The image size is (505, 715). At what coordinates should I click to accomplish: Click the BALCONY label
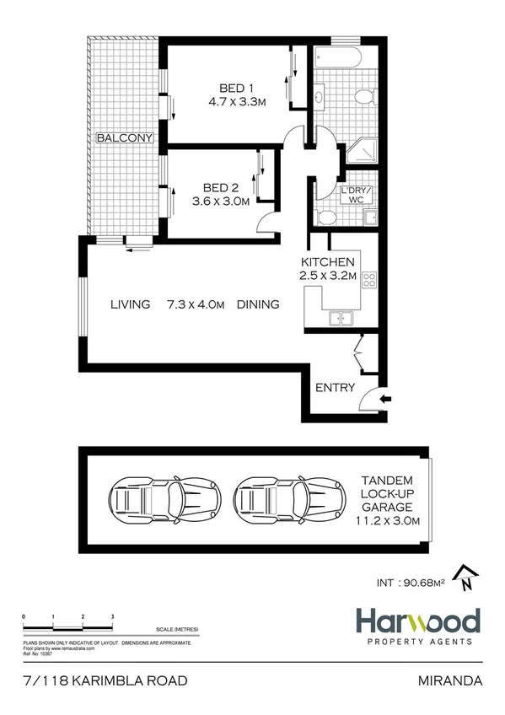(123, 138)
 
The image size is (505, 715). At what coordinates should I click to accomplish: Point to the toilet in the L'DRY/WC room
(328, 217)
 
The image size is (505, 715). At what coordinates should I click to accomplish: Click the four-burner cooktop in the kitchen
(368, 288)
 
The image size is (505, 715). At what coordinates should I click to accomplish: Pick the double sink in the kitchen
(343, 319)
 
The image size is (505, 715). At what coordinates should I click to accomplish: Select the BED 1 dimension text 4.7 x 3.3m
(238, 102)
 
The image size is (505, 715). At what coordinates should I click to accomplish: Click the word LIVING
(130, 304)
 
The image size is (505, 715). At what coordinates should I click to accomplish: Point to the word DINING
(257, 304)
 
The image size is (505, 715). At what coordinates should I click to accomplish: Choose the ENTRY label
(335, 388)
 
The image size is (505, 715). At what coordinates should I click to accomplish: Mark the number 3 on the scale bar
(112, 618)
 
